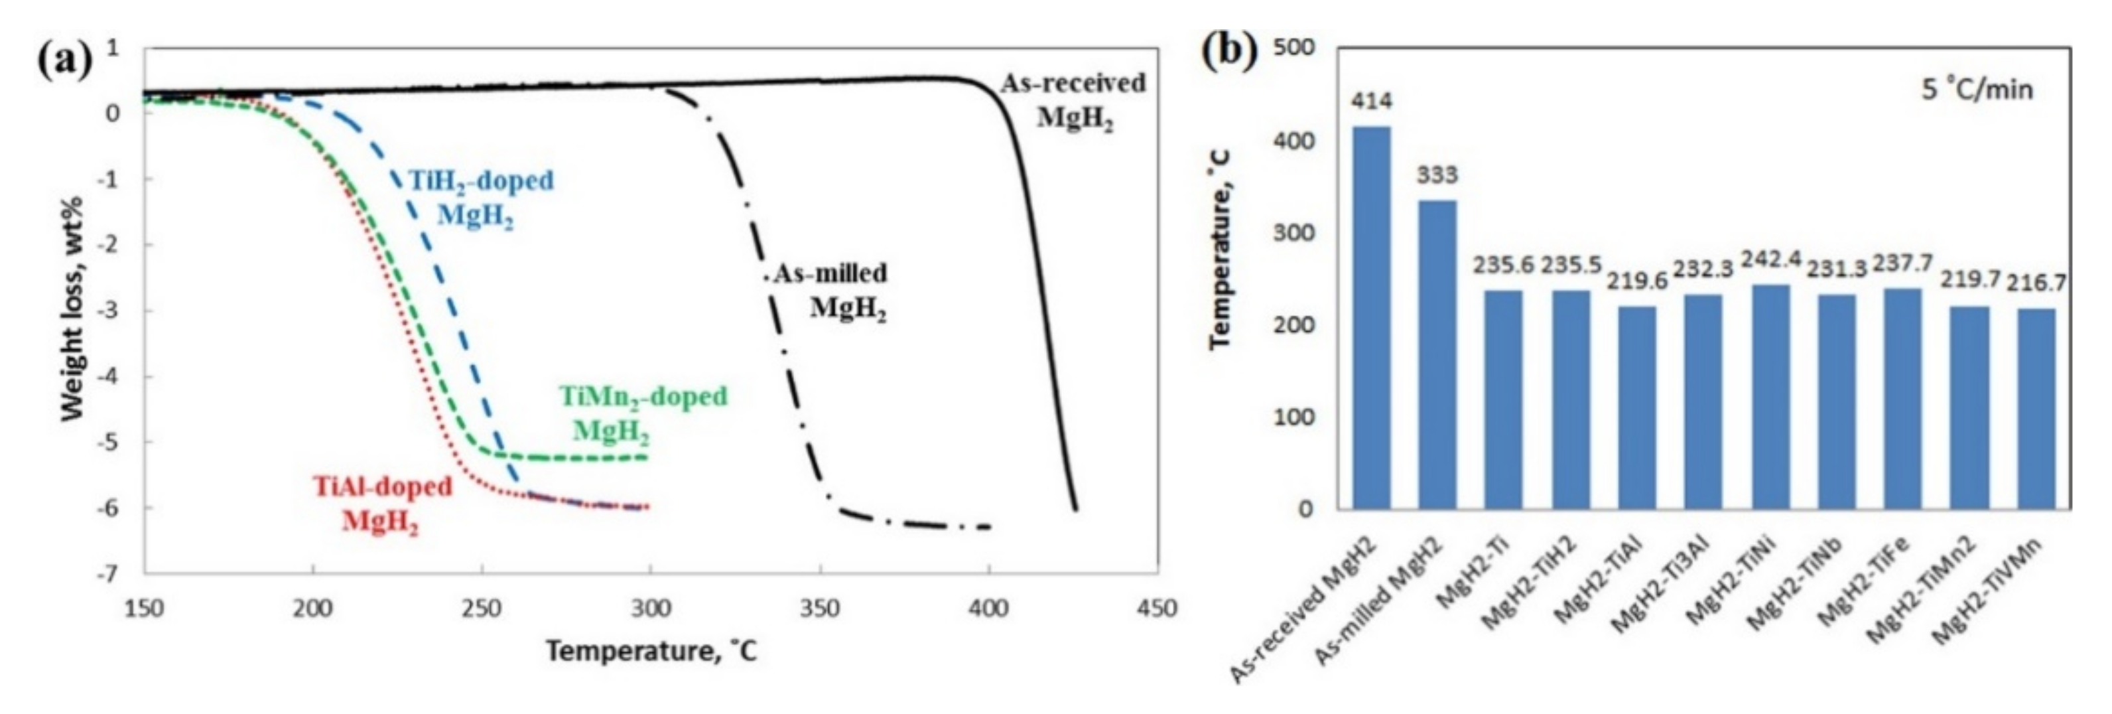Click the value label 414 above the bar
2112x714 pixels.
point(1371,102)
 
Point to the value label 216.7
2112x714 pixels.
point(2036,283)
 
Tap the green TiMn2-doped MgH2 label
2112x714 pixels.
point(643,412)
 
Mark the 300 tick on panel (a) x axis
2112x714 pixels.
point(651,608)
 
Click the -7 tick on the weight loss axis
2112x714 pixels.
point(108,574)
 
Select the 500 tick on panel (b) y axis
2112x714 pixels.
point(1295,48)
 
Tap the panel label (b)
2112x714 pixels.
point(1229,52)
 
